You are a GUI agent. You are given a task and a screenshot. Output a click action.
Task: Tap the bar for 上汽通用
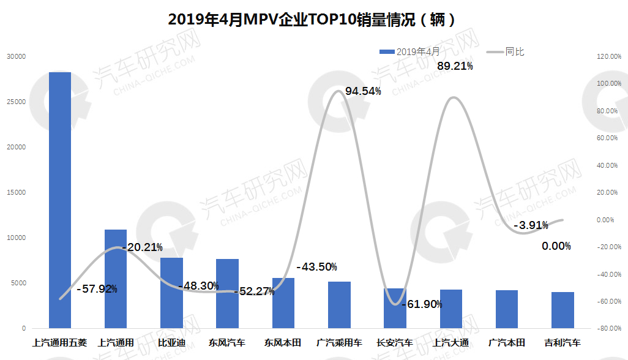coord(116,279)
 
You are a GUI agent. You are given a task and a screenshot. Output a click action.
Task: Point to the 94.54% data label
coord(363,91)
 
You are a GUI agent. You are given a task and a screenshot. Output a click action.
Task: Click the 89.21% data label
coord(455,66)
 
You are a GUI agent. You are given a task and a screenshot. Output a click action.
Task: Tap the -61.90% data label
coord(422,304)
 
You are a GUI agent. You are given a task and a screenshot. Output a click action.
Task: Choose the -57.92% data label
coord(97,288)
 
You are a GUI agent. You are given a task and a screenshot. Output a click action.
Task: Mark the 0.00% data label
coord(556,246)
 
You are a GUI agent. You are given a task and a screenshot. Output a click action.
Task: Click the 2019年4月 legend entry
coord(408,52)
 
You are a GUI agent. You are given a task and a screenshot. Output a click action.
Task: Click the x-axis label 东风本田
coord(283,343)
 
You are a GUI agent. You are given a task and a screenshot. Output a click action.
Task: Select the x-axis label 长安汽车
coord(395,343)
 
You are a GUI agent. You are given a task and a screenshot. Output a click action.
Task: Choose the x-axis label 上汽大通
coord(450,343)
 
